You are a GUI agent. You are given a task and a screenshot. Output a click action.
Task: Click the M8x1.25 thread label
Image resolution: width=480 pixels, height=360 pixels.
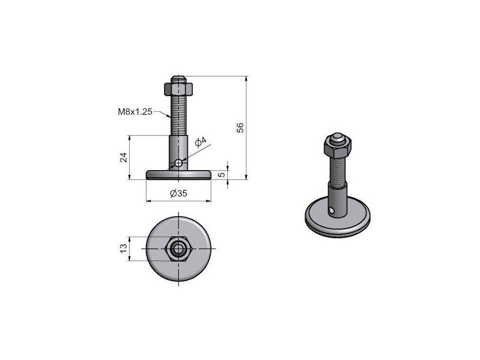coord(135,112)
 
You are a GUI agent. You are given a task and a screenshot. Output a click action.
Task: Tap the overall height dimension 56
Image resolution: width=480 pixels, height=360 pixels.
coord(241,127)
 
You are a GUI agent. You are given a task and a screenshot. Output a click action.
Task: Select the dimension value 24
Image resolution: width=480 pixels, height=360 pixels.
coord(123,157)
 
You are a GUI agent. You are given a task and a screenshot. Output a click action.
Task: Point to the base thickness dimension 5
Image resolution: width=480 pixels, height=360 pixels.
coord(223,174)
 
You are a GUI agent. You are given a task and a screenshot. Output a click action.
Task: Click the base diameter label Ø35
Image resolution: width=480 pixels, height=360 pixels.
coord(179,194)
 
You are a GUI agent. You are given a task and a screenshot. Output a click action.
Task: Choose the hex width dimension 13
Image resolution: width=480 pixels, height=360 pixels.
coord(123,248)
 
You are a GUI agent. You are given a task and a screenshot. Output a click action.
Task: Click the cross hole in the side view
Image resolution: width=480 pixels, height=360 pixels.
coord(179,163)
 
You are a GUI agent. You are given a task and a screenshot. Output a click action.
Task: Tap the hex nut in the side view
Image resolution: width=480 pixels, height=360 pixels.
coord(179,89)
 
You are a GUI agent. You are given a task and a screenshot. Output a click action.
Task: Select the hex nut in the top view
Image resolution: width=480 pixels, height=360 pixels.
coord(179,248)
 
